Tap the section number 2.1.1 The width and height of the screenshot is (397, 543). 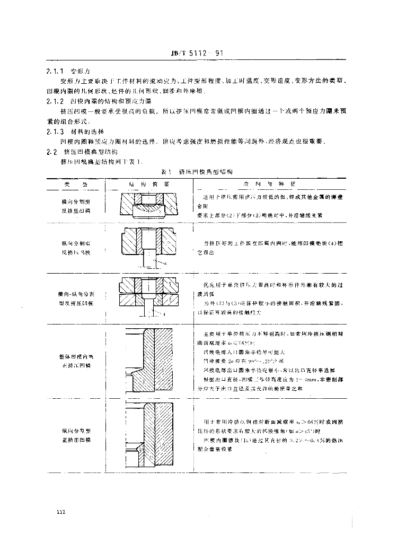pyautogui.click(x=55, y=71)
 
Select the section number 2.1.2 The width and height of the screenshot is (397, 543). pyautogui.click(x=55, y=101)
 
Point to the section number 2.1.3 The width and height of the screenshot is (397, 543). pyautogui.click(x=55, y=131)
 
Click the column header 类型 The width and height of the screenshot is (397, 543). pyautogui.click(x=74, y=183)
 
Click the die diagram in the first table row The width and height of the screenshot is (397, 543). pyautogui.click(x=149, y=206)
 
